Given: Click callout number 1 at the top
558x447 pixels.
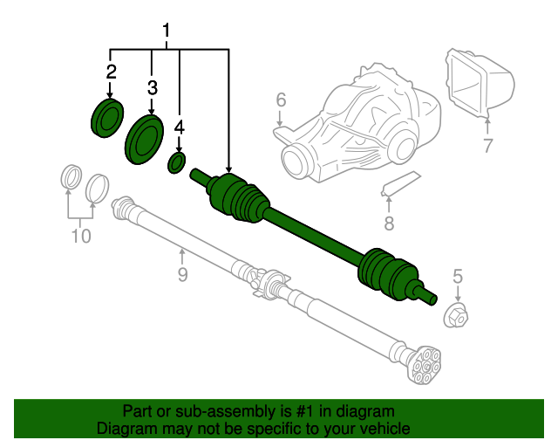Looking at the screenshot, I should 167,33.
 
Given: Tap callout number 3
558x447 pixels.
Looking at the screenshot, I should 153,87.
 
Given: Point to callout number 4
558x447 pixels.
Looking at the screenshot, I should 180,127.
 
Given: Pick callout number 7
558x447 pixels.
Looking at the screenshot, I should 487,145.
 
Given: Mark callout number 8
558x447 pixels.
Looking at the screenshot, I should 389,223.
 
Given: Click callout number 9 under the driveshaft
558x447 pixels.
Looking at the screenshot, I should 182,276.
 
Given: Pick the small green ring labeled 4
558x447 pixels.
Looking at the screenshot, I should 178,163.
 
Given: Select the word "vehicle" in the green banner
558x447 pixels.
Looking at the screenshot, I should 384,429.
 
